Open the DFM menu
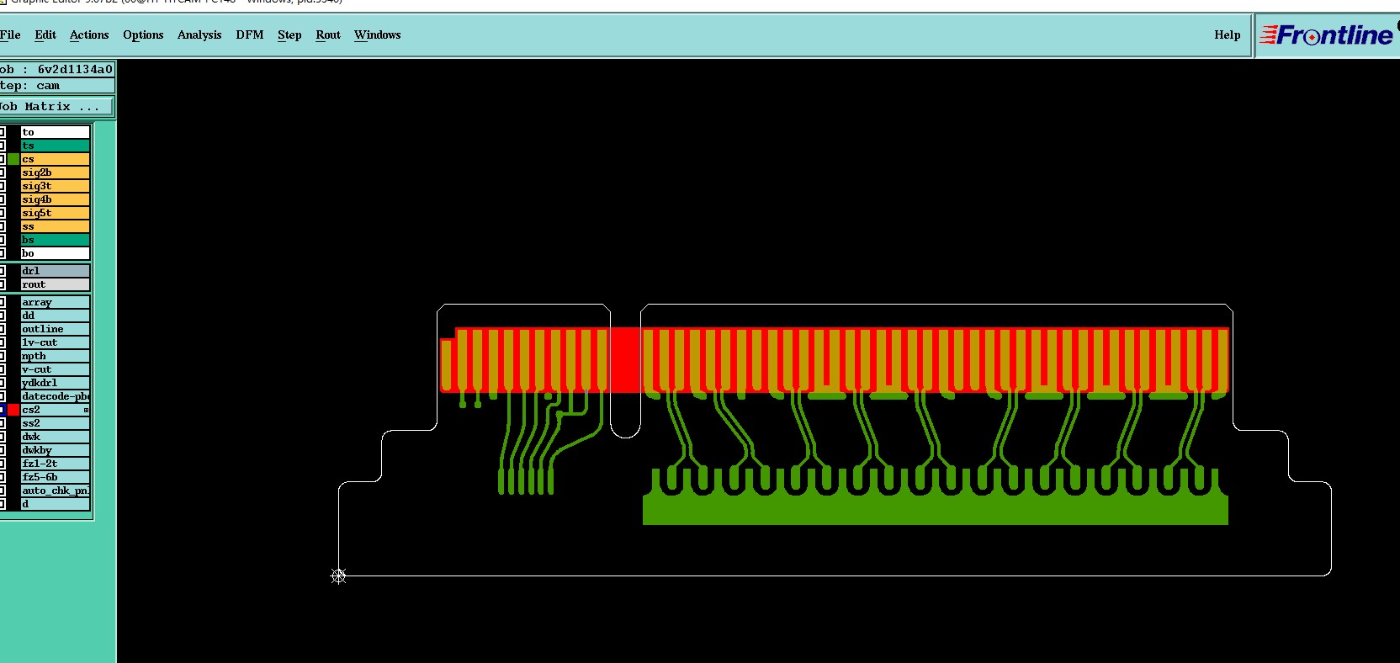249,34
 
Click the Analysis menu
199,34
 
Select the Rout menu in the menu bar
328,34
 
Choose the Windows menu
377,34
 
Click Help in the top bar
1227,34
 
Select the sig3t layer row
55,186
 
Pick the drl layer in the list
55,271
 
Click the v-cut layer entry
55,369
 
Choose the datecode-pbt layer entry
55,396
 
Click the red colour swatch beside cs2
13,410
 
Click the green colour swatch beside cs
13,159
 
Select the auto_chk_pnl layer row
55,491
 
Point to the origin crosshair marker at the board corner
338,576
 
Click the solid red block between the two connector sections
624,359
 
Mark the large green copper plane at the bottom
934,510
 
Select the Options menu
143,34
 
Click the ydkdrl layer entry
55,383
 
